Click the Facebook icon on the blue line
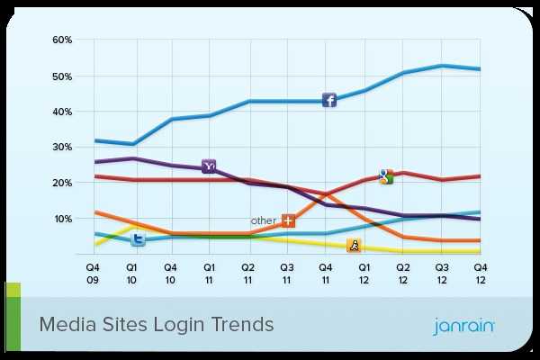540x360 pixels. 329,101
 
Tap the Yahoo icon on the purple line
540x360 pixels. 209,166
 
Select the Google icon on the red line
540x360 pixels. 386,176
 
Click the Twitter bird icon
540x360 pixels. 139,238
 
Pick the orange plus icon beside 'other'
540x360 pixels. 288,220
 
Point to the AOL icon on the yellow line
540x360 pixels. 354,245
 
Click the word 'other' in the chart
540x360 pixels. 263,220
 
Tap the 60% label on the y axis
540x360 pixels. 62,40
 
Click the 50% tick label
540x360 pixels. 62,76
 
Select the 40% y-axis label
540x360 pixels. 62,112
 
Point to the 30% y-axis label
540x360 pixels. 62,148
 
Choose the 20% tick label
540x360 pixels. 62,183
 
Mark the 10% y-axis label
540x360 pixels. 62,219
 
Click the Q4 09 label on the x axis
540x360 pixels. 93,273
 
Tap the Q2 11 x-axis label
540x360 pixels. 247,273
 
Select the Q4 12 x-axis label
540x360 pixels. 481,273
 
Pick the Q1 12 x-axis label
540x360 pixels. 364,273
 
